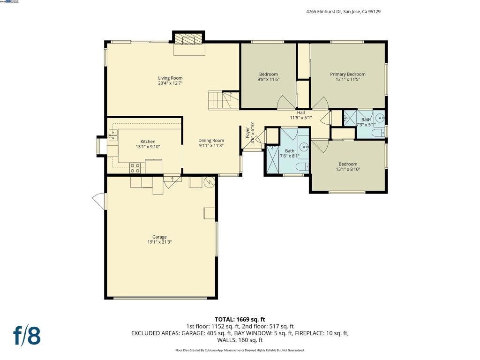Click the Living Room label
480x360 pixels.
170,78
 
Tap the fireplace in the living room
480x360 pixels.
189,39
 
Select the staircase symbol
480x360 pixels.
220,100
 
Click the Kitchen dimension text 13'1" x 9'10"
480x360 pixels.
148,147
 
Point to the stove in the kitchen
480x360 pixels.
136,167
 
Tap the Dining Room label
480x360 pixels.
211,141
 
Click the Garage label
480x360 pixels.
159,237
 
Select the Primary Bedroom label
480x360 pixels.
347,75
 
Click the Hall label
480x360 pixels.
300,112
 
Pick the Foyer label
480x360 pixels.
248,133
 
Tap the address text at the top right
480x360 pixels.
340,12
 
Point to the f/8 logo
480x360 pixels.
26,336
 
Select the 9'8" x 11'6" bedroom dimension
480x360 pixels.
268,80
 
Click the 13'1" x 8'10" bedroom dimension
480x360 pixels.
348,169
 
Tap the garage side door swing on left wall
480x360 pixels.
99,201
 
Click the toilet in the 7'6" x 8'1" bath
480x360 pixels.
301,166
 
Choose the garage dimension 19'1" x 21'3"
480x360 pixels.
159,242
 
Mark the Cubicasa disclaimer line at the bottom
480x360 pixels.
240,350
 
